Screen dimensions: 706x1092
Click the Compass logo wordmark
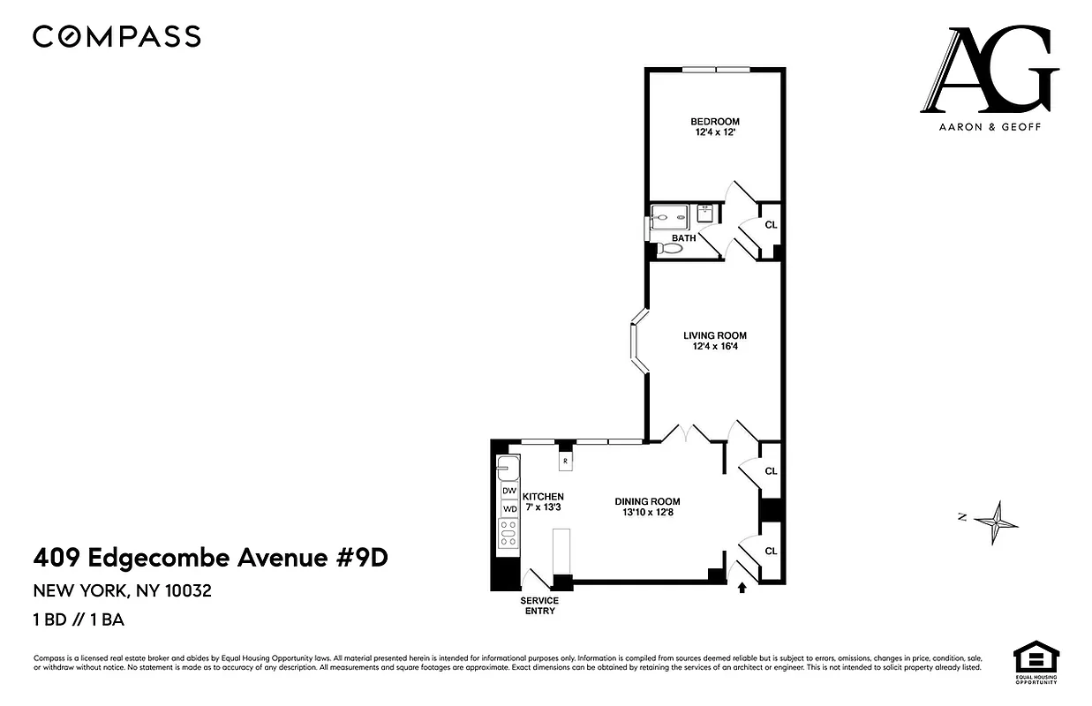tap(117, 36)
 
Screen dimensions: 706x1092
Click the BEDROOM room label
tap(714, 122)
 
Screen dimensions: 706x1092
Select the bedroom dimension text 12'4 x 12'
tap(714, 133)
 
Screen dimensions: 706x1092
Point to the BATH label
tap(683, 238)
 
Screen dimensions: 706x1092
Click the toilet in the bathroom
tap(671, 249)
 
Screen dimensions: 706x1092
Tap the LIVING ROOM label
tap(714, 335)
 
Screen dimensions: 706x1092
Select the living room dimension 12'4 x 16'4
tap(714, 347)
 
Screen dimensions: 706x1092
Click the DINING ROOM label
tap(648, 501)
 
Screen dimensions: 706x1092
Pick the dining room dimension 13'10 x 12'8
tap(648, 513)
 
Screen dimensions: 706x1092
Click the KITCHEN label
tap(543, 497)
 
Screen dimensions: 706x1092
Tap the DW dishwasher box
tap(509, 491)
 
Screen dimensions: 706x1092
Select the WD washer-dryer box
tap(509, 509)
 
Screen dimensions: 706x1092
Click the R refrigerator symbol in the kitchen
tap(565, 461)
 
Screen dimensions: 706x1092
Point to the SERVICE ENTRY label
tap(539, 605)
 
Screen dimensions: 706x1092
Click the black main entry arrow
tap(742, 586)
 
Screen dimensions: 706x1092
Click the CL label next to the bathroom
tap(771, 225)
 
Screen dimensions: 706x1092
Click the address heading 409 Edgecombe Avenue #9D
tap(210, 558)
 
